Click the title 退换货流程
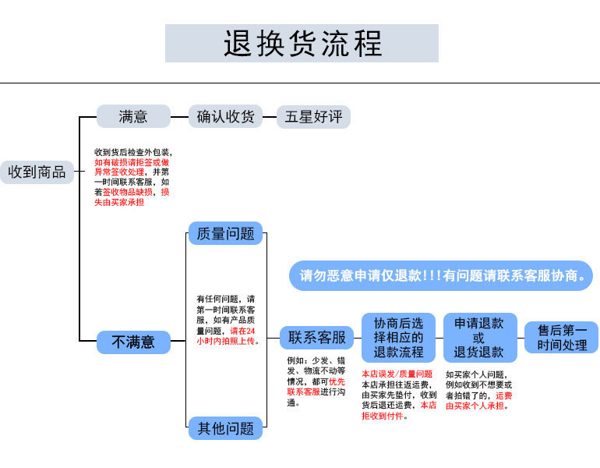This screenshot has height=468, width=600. pos(302,43)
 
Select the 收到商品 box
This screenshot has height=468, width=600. pos(37,172)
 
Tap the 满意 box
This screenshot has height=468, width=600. pos(133,117)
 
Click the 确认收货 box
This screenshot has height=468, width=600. pos(225,117)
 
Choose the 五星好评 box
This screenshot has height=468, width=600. pos(313,117)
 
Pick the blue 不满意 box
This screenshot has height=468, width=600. pos(133,342)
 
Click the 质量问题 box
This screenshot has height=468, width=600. pos(225,233)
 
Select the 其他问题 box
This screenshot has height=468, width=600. pos(225,428)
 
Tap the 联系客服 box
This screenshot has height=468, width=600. pos(316,338)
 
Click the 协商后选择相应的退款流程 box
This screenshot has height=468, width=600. pos(398,338)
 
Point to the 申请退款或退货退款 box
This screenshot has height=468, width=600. pos(478,338)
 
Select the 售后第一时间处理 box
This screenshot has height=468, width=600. pos(561,338)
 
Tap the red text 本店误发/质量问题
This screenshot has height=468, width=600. pos(397,374)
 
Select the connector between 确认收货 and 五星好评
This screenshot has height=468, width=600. pos(270,118)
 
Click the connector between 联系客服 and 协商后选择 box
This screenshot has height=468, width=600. pos(358,339)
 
